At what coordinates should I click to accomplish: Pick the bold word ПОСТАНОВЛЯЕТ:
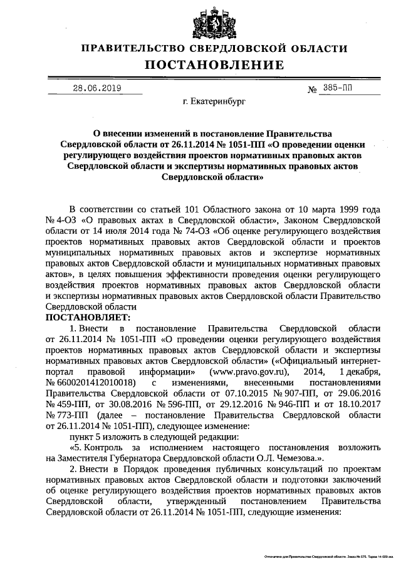[86, 318]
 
